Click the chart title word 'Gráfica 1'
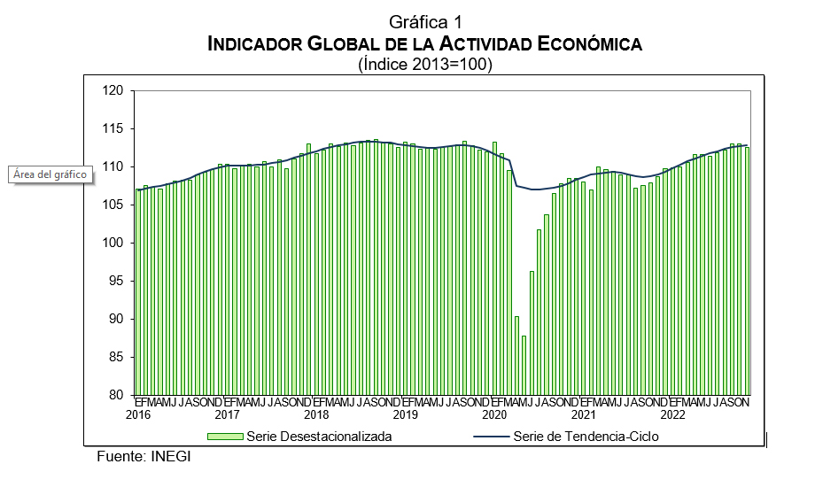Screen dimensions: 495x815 coord(425,22)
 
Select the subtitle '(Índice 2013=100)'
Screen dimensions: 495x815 coord(425,64)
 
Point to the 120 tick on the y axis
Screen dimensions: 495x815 coord(113,90)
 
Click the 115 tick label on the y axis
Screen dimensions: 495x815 coord(113,128)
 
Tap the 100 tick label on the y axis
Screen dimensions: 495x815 coord(113,243)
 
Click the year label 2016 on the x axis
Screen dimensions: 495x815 coord(138,414)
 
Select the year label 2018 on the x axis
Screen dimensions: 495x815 coord(316,414)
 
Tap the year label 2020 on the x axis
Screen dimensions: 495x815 coord(494,414)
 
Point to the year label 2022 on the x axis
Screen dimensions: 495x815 coord(672,414)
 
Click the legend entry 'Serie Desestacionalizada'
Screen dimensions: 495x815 coord(319,436)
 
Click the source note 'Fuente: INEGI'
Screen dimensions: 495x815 coord(144,457)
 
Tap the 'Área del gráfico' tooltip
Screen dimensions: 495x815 coord(50,174)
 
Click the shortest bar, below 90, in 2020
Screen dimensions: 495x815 coord(524,365)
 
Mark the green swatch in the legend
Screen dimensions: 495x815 coord(225,436)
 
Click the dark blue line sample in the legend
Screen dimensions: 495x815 coord(491,436)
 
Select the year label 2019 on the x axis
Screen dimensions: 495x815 coord(406,414)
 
